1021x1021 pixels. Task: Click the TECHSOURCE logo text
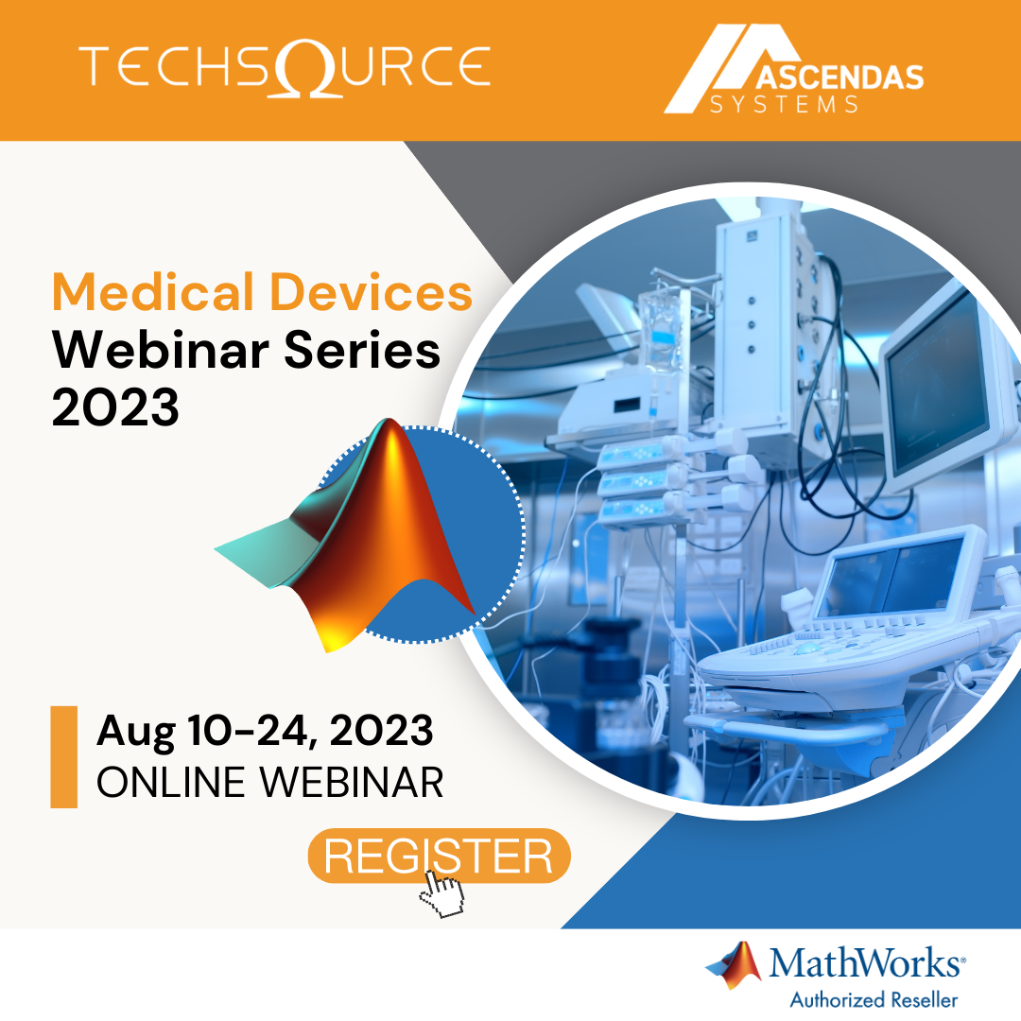[286, 67]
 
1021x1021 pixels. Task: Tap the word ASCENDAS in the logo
[839, 78]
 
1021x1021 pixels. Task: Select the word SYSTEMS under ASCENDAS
[784, 104]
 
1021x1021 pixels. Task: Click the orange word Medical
[153, 292]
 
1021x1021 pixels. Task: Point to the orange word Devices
[372, 292]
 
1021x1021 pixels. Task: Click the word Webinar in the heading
[161, 350]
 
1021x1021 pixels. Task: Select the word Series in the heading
[362, 350]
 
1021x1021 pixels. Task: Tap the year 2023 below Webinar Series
[115, 407]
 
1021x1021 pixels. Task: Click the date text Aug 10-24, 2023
[265, 731]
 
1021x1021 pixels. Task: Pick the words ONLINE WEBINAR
[270, 782]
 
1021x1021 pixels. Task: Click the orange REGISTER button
[439, 856]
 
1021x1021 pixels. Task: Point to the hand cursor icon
[442, 892]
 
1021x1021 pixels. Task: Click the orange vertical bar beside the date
[64, 756]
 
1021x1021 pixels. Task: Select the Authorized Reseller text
[874, 999]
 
